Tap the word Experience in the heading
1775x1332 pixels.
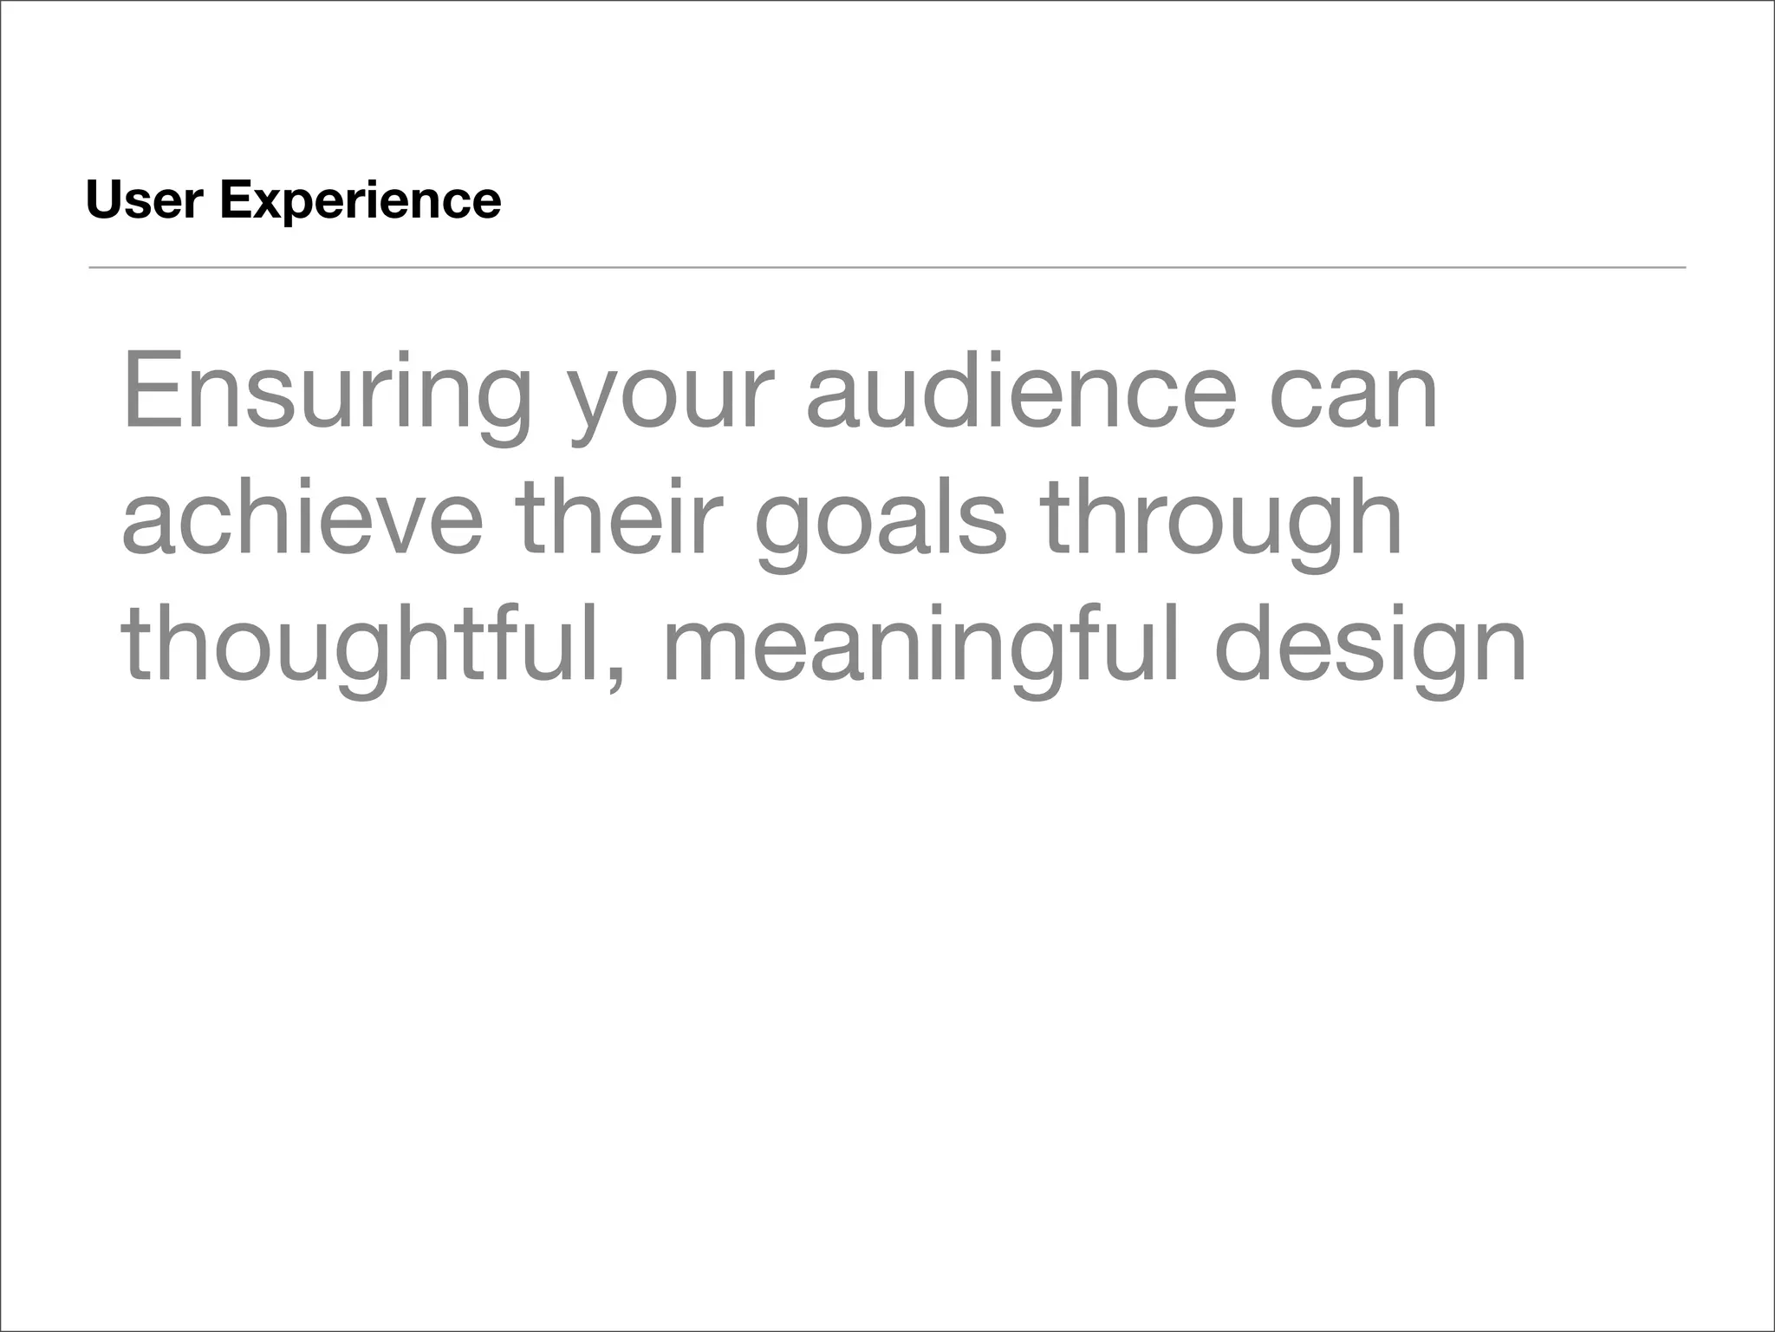(x=361, y=202)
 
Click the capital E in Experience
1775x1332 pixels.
(x=234, y=200)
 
